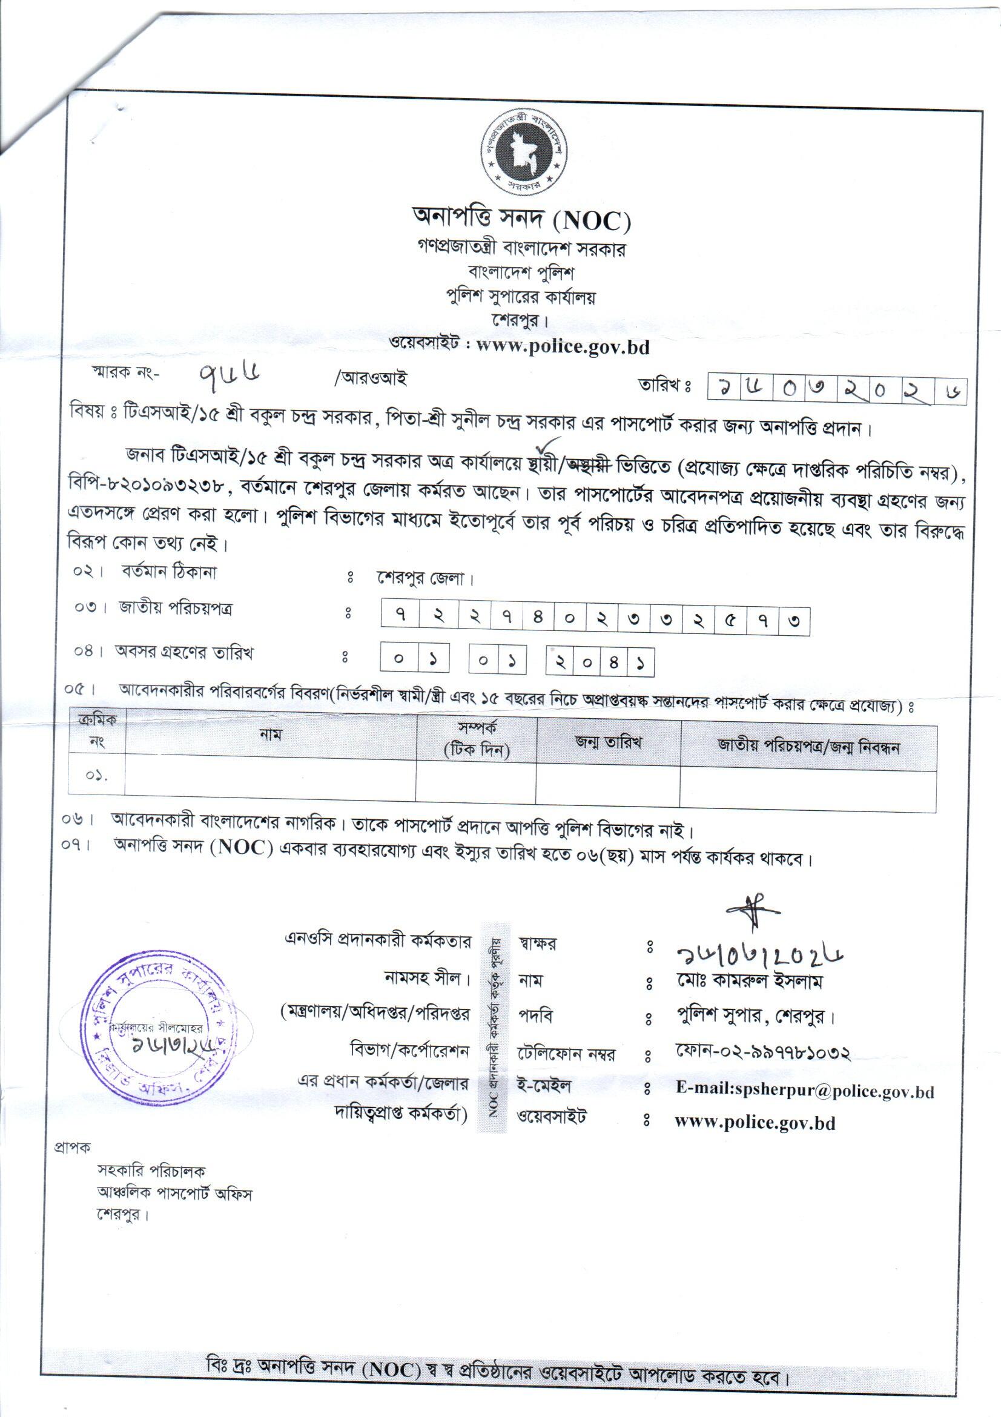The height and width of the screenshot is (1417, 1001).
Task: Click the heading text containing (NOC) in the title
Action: click(x=521, y=219)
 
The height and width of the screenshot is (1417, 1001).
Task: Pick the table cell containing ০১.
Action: click(x=96, y=776)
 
